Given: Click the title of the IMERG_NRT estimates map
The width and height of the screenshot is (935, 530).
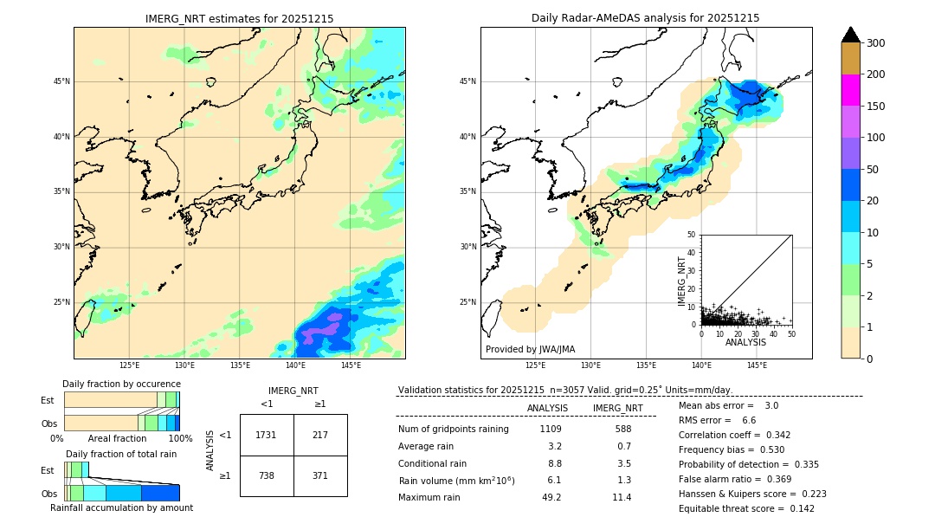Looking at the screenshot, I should point(239,18).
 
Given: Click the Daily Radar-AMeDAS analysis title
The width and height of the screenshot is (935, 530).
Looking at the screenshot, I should point(645,18).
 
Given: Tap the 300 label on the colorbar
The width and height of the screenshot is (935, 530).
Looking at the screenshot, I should point(877,42).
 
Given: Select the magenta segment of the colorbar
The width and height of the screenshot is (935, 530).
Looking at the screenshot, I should point(850,90).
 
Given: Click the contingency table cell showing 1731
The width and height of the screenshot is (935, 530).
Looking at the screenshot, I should point(267,435).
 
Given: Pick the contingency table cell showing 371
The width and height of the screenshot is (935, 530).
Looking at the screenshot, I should point(320,475).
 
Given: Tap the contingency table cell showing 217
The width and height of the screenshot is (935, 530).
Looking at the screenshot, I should point(320,435).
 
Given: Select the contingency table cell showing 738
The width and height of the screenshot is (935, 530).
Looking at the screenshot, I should point(267,475).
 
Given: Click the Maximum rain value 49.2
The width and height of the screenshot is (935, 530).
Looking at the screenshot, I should point(551,497).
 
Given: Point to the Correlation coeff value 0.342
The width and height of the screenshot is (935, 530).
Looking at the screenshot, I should point(773,435).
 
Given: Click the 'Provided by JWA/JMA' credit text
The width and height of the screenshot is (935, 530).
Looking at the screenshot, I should point(530,349).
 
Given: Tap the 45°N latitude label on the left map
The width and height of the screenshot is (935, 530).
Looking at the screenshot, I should point(61,81).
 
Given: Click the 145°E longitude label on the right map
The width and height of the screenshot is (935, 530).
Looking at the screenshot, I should point(757,365).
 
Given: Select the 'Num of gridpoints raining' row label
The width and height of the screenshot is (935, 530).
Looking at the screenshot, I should point(454,429).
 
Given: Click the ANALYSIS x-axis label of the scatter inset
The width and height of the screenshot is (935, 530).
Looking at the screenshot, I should point(745,342).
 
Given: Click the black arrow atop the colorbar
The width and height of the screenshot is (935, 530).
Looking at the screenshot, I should point(850,35).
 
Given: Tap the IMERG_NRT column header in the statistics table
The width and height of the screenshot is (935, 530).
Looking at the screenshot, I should point(617,408).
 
